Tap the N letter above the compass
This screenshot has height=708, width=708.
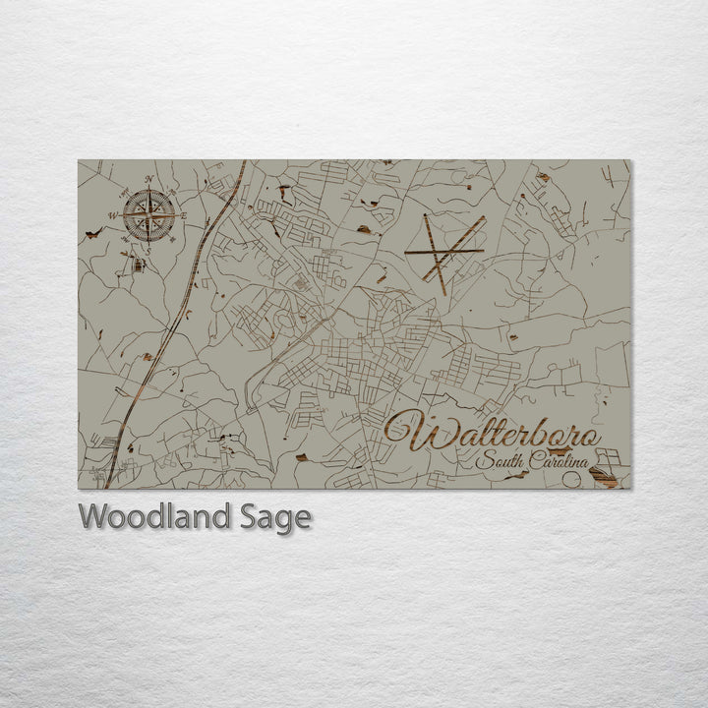tap(149, 179)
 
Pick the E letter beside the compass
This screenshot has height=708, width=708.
tap(183, 213)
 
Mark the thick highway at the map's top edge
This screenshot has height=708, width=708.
tap(241, 167)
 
